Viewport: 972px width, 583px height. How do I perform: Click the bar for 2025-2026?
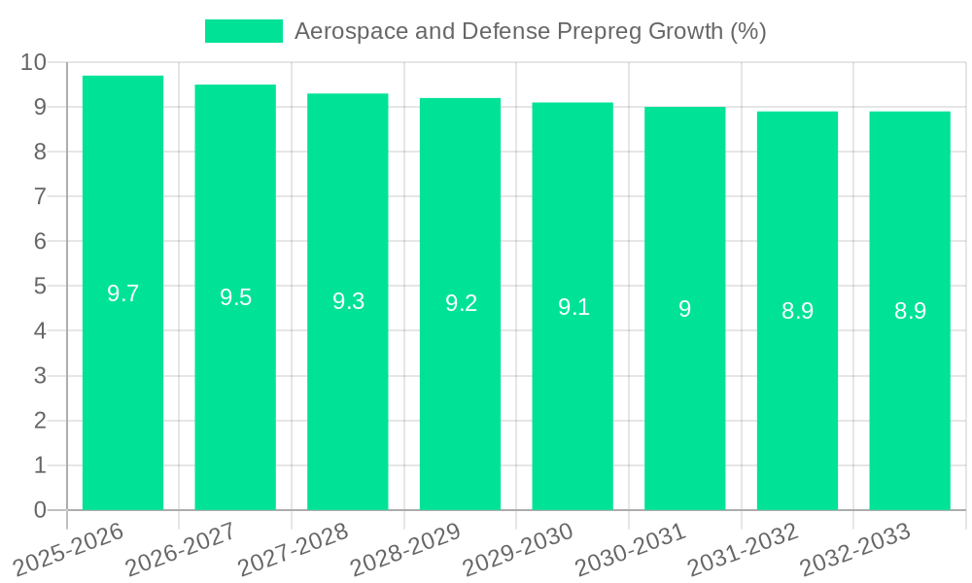pos(122,389)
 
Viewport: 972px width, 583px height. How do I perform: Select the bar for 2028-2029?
pos(460,389)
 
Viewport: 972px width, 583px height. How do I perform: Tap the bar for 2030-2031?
pos(684,389)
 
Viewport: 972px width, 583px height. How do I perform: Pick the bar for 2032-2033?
pos(910,389)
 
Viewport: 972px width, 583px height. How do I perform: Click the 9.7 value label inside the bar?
pos(122,293)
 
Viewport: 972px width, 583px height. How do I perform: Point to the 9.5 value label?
pos(235,297)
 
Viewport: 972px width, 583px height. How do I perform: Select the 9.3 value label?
pos(348,301)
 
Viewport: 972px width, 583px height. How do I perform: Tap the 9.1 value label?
pos(573,307)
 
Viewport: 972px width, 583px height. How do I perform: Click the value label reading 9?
pos(684,309)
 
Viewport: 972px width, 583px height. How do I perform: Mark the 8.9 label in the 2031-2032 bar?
pos(797,311)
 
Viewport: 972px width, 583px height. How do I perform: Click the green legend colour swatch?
pos(243,31)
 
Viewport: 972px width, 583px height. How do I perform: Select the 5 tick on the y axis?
pos(40,287)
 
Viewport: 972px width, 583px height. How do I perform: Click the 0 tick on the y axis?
pos(40,510)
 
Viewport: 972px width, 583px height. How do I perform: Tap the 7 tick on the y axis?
pos(40,196)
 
